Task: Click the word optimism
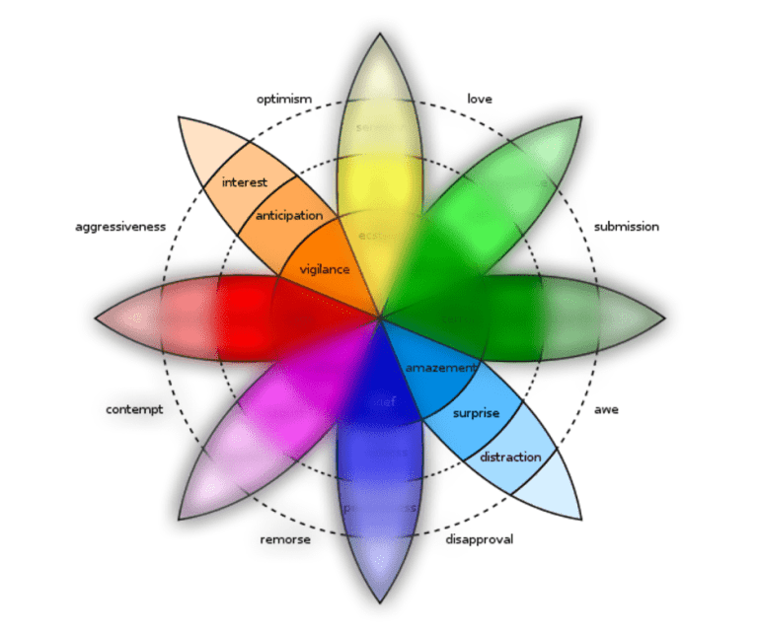pyautogui.click(x=284, y=100)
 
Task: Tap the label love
pyautogui.click(x=480, y=100)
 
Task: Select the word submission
pyautogui.click(x=626, y=227)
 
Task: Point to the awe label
pyautogui.click(x=606, y=409)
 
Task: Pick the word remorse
pyautogui.click(x=286, y=539)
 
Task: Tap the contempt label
pyautogui.click(x=134, y=409)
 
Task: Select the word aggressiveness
pyautogui.click(x=120, y=227)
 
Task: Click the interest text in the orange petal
pyautogui.click(x=245, y=182)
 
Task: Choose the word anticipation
pyautogui.click(x=289, y=216)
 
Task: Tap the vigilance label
pyautogui.click(x=324, y=269)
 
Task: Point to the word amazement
pyautogui.click(x=440, y=368)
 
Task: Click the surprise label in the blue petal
pyautogui.click(x=476, y=413)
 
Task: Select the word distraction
pyautogui.click(x=510, y=458)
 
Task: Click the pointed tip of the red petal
pyautogui.click(x=97, y=318)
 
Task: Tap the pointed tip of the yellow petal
pyautogui.click(x=380, y=35)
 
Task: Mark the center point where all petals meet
pyautogui.click(x=380, y=317)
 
